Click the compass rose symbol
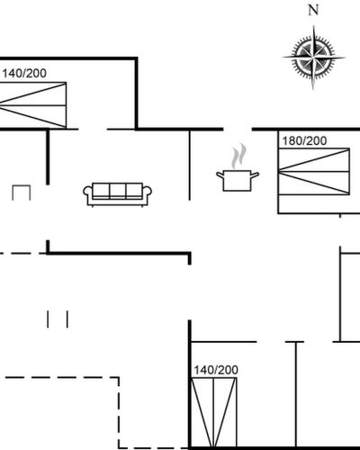click(x=313, y=57)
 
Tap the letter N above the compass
click(x=313, y=11)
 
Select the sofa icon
click(x=117, y=194)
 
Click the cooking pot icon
click(x=238, y=180)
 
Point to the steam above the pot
click(x=239, y=156)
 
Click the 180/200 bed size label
click(x=304, y=140)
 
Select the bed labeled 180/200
click(x=314, y=172)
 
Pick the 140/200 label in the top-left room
click(x=24, y=73)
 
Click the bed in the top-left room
click(x=33, y=105)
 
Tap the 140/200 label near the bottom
click(x=216, y=370)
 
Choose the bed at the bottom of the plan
click(x=213, y=412)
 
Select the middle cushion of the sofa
click(x=117, y=190)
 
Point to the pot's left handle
click(x=220, y=175)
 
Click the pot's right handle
click(x=255, y=175)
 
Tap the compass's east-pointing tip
click(x=345, y=58)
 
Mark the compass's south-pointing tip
click(x=313, y=89)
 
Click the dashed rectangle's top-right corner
click(x=119, y=377)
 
